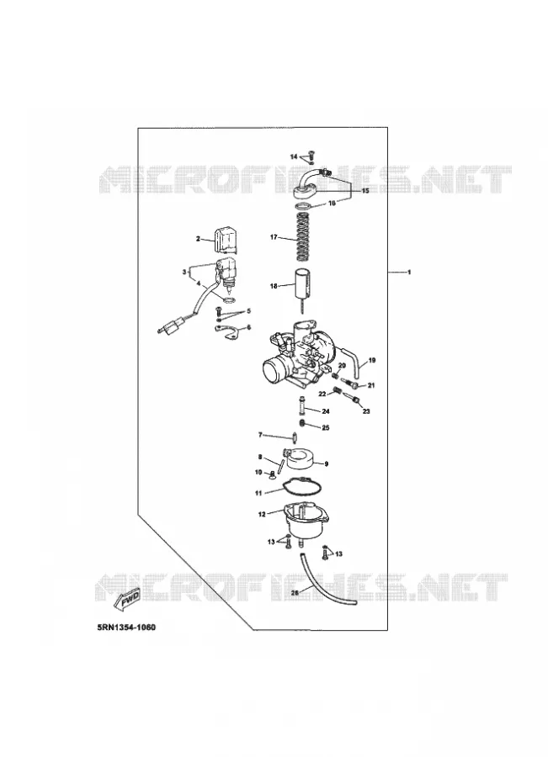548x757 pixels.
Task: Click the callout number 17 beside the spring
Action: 274,237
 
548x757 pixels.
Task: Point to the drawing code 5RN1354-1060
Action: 126,627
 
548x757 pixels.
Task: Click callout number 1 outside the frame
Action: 409,273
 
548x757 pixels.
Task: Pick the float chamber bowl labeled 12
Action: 306,520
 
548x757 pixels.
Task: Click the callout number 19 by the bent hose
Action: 371,360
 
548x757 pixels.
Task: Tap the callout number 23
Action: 366,411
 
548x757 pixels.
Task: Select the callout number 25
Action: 325,428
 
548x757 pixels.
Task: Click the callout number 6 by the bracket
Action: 249,327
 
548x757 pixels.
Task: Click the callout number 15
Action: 365,191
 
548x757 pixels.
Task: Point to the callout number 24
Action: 325,411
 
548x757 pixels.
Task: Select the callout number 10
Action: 258,472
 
